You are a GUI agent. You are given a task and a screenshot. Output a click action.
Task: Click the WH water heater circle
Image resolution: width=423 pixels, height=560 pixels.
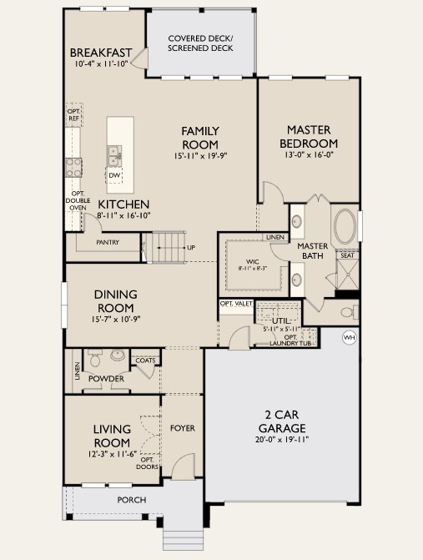(x=349, y=338)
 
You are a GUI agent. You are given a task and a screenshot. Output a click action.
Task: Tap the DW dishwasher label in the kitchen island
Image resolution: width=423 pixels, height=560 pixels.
(x=114, y=174)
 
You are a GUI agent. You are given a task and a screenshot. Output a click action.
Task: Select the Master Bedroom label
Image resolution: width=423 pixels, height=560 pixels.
(x=311, y=136)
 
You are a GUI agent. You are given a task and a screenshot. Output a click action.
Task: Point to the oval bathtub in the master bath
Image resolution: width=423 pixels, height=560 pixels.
(x=345, y=226)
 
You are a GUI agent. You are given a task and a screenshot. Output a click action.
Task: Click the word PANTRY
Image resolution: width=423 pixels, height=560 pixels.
(x=107, y=243)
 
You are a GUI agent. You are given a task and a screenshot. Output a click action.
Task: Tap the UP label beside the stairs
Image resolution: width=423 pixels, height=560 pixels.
(x=191, y=247)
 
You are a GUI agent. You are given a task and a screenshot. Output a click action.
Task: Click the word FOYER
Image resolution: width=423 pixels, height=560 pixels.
(x=182, y=428)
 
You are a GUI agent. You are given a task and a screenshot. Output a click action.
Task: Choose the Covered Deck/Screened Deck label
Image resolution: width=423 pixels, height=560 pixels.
(x=200, y=43)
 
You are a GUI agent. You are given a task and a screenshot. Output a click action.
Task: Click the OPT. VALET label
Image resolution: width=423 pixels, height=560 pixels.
(x=236, y=304)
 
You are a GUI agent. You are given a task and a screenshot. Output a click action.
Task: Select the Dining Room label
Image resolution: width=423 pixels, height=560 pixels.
(x=115, y=300)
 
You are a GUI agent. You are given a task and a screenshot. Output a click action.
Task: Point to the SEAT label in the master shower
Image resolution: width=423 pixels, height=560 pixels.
(x=346, y=255)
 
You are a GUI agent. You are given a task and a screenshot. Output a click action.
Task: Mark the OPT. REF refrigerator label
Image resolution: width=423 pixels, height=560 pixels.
(x=73, y=116)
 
